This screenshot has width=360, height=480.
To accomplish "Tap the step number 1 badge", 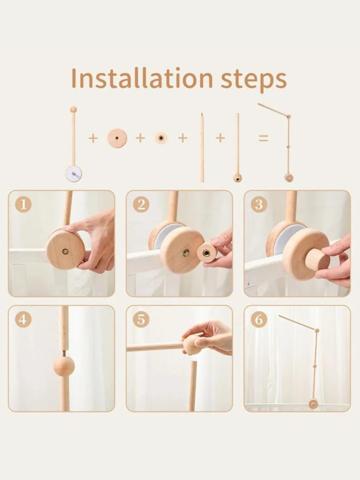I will click(23, 205).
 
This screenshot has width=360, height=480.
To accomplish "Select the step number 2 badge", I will click(141, 205).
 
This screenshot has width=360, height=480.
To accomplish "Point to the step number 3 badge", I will click(259, 205).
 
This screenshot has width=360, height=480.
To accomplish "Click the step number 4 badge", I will click(23, 320).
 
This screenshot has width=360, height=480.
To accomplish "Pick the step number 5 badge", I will click(141, 320).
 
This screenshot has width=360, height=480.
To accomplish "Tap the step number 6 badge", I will click(259, 320).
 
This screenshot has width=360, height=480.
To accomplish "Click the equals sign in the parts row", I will click(263, 139).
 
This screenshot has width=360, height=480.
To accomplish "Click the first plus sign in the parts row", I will click(93, 139).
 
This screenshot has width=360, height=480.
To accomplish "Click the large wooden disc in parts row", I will click(117, 138).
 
